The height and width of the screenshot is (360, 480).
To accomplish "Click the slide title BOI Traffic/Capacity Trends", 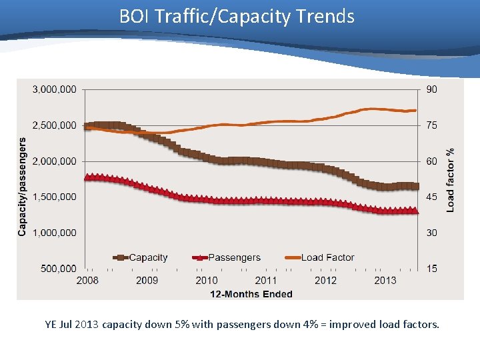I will pos(237,16).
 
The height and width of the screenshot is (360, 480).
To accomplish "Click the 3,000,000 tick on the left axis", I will pos(54,89).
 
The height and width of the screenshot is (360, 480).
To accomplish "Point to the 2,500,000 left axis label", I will pos(54,125).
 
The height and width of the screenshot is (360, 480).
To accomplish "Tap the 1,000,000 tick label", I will pos(54,233).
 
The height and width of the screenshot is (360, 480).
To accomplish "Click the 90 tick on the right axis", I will pos(432,89).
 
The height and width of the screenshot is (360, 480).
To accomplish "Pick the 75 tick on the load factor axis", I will pos(432,125).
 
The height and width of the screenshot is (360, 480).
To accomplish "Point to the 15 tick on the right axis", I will pos(432,269).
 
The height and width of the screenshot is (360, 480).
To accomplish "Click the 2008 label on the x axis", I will pos(87,281).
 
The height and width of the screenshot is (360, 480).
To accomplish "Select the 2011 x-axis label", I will pos(266,281).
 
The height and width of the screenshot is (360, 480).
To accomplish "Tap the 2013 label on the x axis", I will pos(385,281).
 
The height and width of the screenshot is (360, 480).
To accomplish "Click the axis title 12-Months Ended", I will pos(251,294).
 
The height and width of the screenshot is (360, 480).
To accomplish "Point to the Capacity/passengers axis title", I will pos(22,187).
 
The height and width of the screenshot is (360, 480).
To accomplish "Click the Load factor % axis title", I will pos(451,180).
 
